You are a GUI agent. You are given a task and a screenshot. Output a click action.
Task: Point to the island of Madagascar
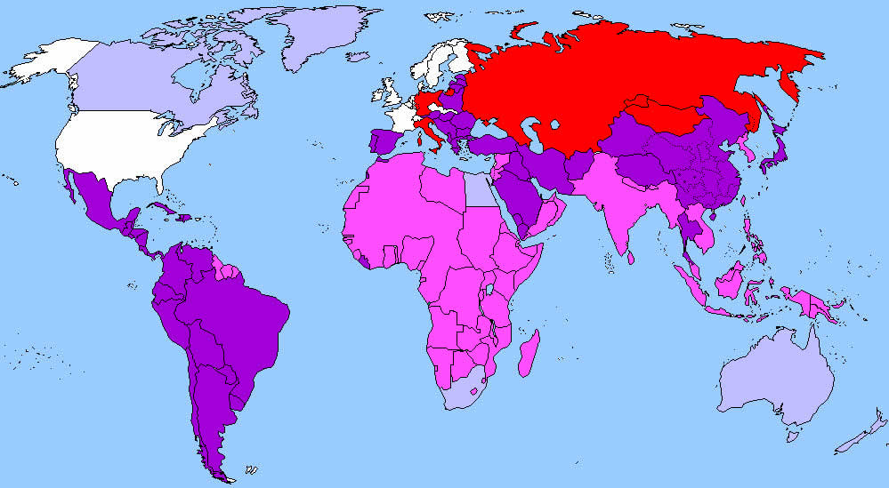(528, 351)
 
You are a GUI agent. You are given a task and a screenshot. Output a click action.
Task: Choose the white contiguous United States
(125, 142)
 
